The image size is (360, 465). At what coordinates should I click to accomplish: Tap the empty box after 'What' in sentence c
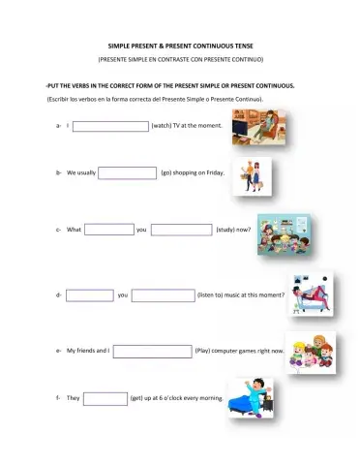pyautogui.click(x=108, y=230)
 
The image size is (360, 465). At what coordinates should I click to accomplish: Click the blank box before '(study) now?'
pyautogui.click(x=181, y=230)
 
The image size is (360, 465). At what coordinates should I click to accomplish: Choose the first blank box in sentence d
pyautogui.click(x=90, y=294)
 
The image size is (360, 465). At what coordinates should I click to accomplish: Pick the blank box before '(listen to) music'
pyautogui.click(x=162, y=294)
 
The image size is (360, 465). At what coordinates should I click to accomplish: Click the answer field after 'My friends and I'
pyautogui.click(x=152, y=350)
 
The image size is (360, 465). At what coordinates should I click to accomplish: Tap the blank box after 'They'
pyautogui.click(x=105, y=397)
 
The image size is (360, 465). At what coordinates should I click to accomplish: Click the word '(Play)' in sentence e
pyautogui.click(x=204, y=350)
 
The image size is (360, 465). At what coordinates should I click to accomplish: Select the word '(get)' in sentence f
pyautogui.click(x=136, y=397)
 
